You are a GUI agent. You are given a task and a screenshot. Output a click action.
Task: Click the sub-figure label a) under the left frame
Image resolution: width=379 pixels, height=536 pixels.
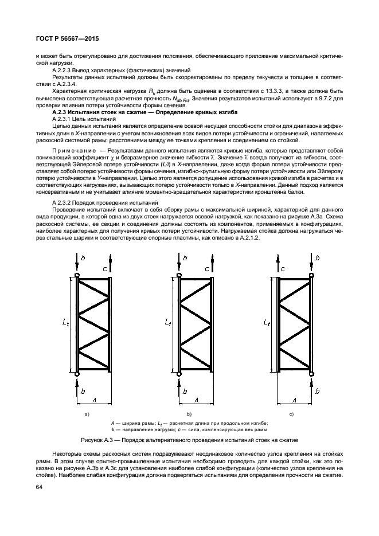click(x=87, y=413)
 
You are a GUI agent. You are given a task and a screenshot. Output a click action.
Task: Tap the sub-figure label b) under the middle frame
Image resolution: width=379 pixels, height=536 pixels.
click(x=189, y=413)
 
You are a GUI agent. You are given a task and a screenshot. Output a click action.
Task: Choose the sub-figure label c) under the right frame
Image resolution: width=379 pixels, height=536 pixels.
click(x=291, y=413)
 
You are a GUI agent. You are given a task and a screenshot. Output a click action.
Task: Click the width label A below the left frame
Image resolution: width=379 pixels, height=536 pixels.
click(x=94, y=399)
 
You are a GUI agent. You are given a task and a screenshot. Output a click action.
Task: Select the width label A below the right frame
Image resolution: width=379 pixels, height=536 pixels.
click(x=295, y=399)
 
